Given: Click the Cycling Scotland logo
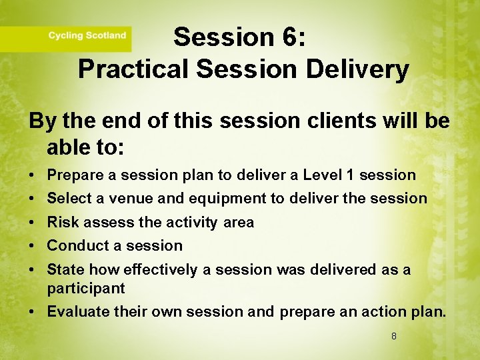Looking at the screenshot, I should tap(87, 36).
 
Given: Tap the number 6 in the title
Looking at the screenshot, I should tap(291, 37).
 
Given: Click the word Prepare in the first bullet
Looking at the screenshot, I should tap(73, 175).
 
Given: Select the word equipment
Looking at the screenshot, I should tap(224, 199).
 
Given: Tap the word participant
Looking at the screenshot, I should tap(86, 288).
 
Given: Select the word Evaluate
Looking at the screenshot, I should tap(76, 311).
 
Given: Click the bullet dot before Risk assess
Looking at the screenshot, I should tap(33, 223).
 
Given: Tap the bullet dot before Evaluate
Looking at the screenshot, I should tap(33, 312).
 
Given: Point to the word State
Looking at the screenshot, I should tap(65, 269).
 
